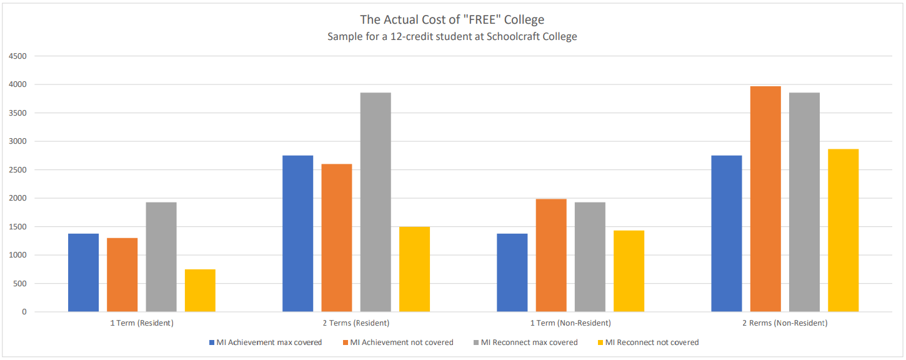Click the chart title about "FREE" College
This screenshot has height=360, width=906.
pyautogui.click(x=452, y=19)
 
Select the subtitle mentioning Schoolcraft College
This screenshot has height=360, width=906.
pyautogui.click(x=452, y=36)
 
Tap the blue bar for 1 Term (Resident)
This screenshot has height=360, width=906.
pyautogui.click(x=83, y=272)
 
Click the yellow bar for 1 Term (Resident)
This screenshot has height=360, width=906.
pyautogui.click(x=200, y=291)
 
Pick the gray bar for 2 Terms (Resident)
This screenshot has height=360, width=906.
pyautogui.click(x=376, y=202)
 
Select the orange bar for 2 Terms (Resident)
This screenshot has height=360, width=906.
pyautogui.click(x=337, y=238)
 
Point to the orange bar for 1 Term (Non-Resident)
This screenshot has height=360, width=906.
pyautogui.click(x=551, y=256)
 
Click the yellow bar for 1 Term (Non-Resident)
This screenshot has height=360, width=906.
pyautogui.click(x=629, y=271)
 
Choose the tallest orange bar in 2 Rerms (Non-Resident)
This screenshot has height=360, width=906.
pyautogui.click(x=765, y=199)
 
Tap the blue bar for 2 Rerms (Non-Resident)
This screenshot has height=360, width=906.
pyautogui.click(x=727, y=234)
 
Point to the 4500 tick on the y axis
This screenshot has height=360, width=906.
pyautogui.click(x=18, y=56)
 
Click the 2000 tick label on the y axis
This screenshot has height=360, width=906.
pyautogui.click(x=18, y=198)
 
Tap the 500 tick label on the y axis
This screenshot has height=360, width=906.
pyautogui.click(x=20, y=284)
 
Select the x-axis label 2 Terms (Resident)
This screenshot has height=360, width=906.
pyautogui.click(x=356, y=323)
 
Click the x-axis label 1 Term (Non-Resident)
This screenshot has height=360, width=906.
pyautogui.click(x=570, y=323)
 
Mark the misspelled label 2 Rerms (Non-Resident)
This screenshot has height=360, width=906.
pyautogui.click(x=785, y=323)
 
